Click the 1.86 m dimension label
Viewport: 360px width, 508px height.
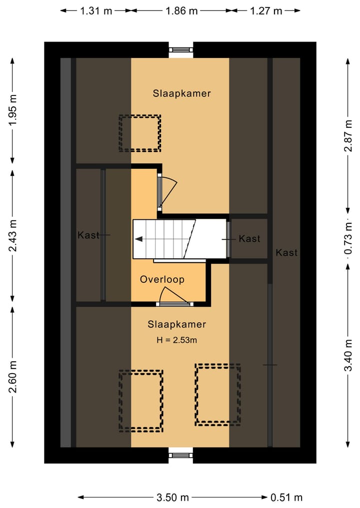pos(181,11)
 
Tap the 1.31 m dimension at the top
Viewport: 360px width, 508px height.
pos(96,11)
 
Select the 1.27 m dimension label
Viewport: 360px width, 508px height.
pos(266,11)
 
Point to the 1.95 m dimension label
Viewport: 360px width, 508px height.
pos(12,110)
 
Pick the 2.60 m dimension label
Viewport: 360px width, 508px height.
pos(12,377)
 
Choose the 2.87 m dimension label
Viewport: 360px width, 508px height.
pos(348,135)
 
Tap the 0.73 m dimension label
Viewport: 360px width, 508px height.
pos(348,238)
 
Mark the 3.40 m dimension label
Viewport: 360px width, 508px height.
pos(348,355)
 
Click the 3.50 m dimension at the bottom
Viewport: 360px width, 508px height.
pos(172,497)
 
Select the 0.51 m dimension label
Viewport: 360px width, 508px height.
pos(286,497)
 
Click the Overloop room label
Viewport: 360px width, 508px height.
pos(162,279)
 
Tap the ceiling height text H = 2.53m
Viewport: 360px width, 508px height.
pos(177,340)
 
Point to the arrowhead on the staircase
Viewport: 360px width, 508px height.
pos(138,239)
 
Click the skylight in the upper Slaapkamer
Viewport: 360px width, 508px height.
pos(140,133)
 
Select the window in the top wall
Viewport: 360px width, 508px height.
pos(181,50)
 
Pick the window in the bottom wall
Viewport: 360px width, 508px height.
pos(181,455)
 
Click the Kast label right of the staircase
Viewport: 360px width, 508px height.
pos(249,239)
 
